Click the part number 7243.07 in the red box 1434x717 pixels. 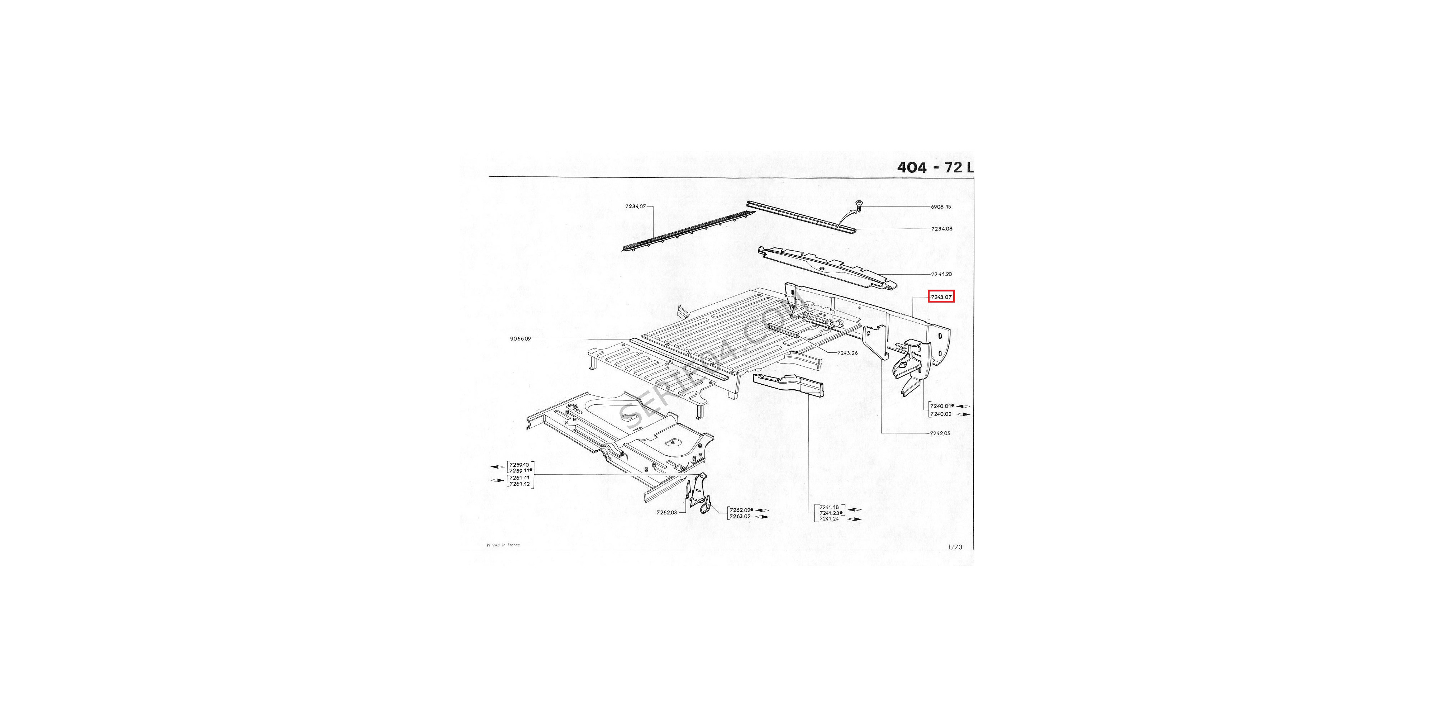pyautogui.click(x=941, y=297)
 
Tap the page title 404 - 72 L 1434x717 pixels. pyautogui.click(x=935, y=167)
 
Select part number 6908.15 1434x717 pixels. pyautogui.click(x=941, y=206)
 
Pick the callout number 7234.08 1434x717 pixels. pyautogui.click(x=941, y=229)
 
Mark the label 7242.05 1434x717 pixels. pyautogui.click(x=940, y=433)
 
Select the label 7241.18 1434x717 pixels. pyautogui.click(x=829, y=507)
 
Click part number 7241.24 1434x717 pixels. pyautogui.click(x=829, y=519)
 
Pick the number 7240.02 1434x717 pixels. pyautogui.click(x=940, y=414)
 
